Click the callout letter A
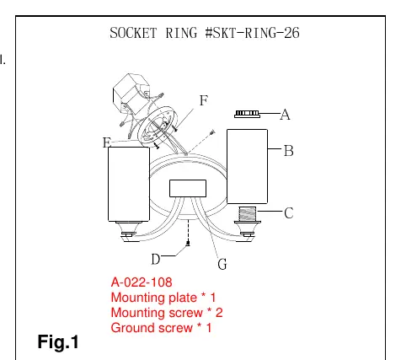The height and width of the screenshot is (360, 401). (285, 115)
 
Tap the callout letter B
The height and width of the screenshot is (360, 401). (289, 151)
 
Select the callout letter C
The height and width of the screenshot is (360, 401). (289, 212)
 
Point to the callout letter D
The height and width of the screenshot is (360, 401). (156, 259)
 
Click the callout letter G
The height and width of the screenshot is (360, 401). (222, 264)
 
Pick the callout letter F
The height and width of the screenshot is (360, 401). (204, 100)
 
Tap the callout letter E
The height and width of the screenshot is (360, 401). (107, 142)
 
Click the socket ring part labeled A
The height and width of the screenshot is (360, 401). (247, 114)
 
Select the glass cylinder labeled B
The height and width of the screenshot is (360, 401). (247, 166)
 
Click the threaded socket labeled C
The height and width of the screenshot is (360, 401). (247, 214)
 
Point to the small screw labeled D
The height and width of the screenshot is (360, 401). (188, 243)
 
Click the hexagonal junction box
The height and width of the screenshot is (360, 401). (131, 93)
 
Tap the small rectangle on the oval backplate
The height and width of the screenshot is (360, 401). (188, 188)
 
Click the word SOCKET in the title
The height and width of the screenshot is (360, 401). (133, 33)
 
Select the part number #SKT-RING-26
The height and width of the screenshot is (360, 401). (252, 33)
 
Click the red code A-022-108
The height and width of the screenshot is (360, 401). (142, 282)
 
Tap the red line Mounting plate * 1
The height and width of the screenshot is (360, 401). (163, 298)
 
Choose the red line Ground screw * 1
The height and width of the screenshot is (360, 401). (161, 328)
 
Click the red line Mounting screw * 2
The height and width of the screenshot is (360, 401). (167, 313)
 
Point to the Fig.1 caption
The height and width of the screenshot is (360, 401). (58, 342)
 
